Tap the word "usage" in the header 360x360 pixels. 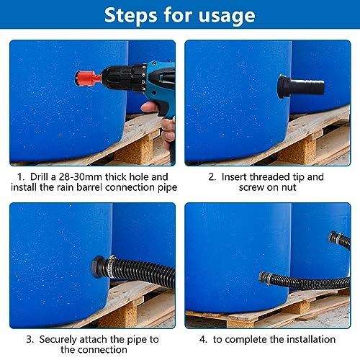click(x=227, y=17)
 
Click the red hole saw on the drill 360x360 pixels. click(x=87, y=78)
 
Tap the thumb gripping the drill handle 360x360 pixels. click(x=149, y=106)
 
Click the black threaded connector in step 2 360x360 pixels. click(x=301, y=86)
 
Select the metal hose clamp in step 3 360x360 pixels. click(x=110, y=266)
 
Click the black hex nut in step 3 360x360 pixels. click(x=98, y=267)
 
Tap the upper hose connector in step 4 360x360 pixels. click(x=334, y=237)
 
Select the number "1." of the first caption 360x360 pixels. click(x=21, y=177)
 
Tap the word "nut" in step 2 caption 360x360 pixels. click(x=289, y=187)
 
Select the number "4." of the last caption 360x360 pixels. click(x=203, y=340)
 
